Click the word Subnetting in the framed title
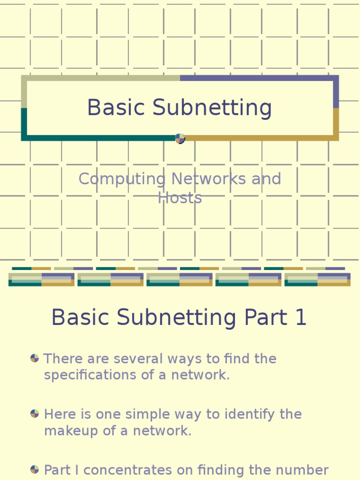[x=212, y=108]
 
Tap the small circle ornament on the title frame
[x=180, y=138]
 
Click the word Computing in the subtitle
[x=122, y=179]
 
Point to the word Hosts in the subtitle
[x=180, y=198]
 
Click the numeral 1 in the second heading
[x=300, y=317]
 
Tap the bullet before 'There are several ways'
[x=35, y=358]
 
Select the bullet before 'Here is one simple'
[x=35, y=413]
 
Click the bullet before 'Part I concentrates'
[x=35, y=469]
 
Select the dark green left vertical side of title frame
[x=24, y=123]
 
